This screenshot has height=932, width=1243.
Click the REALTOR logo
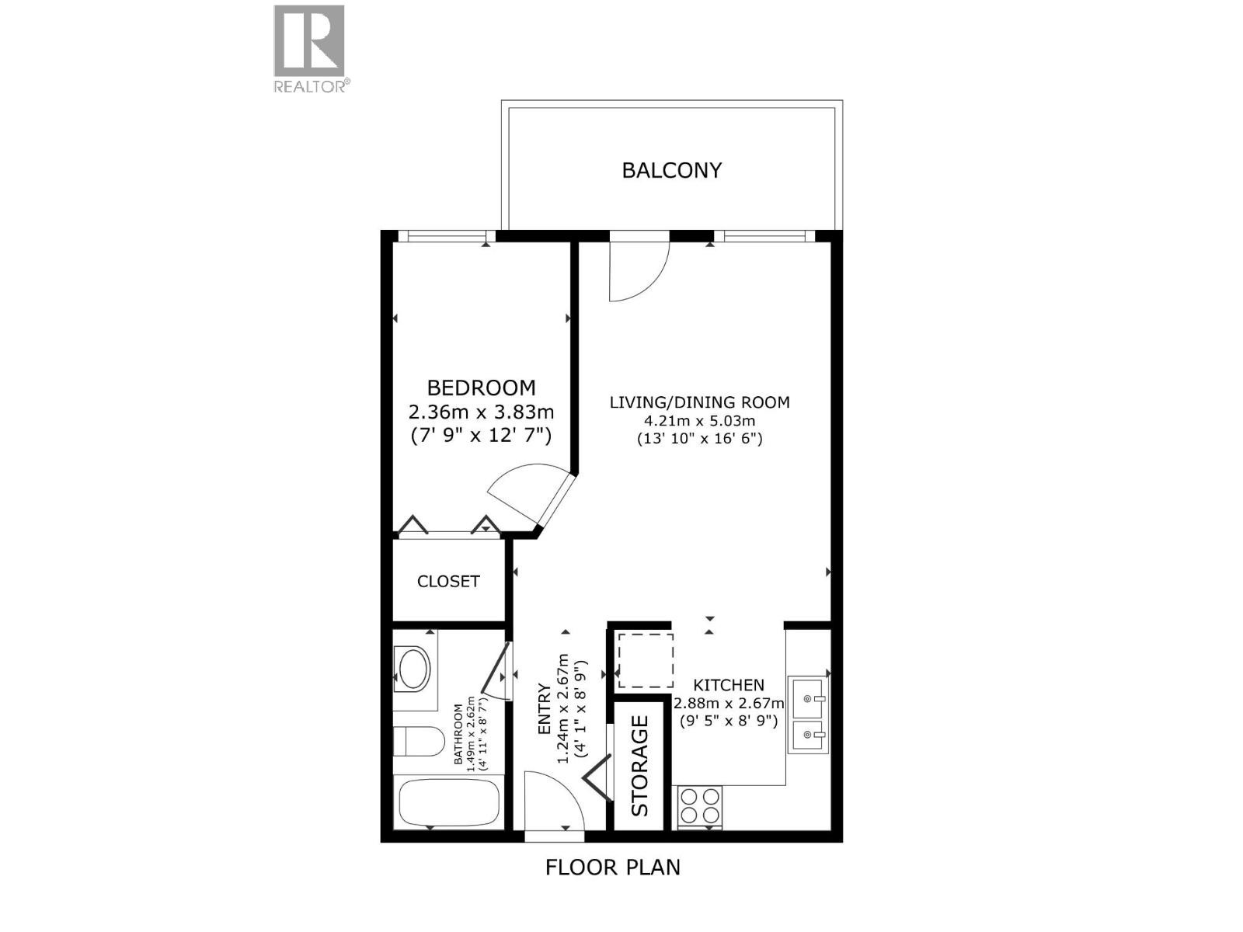click(x=309, y=48)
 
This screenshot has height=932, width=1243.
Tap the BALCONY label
click(x=672, y=170)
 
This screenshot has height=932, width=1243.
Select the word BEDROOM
click(x=482, y=388)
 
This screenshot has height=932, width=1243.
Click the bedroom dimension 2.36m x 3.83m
click(x=482, y=412)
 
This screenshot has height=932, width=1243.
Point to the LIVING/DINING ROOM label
click(x=699, y=402)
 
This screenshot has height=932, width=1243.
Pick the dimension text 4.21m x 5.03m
click(x=699, y=421)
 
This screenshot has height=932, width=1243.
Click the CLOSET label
click(x=448, y=581)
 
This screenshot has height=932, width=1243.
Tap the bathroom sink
click(x=413, y=669)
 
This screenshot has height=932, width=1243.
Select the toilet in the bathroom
click(x=407, y=740)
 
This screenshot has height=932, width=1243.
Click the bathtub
click(x=448, y=803)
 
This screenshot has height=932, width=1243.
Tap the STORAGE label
click(x=639, y=766)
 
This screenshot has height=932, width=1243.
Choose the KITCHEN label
click(x=729, y=685)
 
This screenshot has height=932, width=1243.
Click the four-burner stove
click(x=700, y=805)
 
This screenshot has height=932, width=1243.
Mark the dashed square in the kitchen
click(x=645, y=660)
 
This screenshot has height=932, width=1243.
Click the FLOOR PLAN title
click(x=612, y=867)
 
